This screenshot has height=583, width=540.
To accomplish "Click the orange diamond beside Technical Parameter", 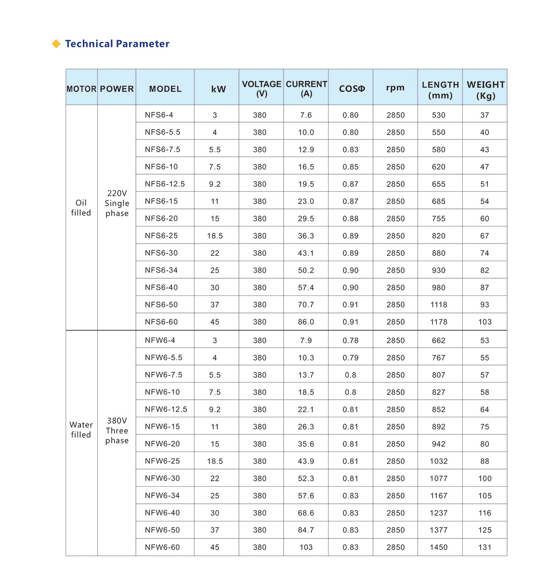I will coord(56,44).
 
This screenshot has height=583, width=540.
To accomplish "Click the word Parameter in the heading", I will coord(143,44).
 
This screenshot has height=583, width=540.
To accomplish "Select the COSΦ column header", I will coord(351,89).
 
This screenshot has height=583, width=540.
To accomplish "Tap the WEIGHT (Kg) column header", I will coord(486,90).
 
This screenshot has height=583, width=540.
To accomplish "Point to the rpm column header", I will coord(395,88).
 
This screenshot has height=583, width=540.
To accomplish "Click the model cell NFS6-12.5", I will coord(165,184).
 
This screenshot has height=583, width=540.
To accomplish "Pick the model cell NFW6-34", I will coord(162,495).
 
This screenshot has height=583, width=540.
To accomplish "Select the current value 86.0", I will coord(306,322).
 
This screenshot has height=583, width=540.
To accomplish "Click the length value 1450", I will coord(439,547).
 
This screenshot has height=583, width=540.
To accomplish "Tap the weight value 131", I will coord(485,547).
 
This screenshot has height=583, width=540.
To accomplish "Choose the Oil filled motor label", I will coord(81,208).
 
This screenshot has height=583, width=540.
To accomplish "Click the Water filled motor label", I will coord(81,429).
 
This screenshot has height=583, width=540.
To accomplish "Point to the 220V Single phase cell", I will coord(117,203).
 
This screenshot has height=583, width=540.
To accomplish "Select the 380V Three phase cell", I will coord(117,430).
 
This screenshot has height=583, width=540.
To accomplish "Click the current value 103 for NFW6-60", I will coord(306,547).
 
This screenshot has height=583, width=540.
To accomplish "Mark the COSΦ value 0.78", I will coord(351,340).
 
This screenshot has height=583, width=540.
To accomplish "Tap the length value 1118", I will coord(439,305).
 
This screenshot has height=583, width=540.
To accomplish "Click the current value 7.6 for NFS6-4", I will coord(306,115).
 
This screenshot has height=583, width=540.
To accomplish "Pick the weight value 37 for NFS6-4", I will coord(485,115).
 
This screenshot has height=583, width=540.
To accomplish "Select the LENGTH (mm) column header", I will coord(440,90).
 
